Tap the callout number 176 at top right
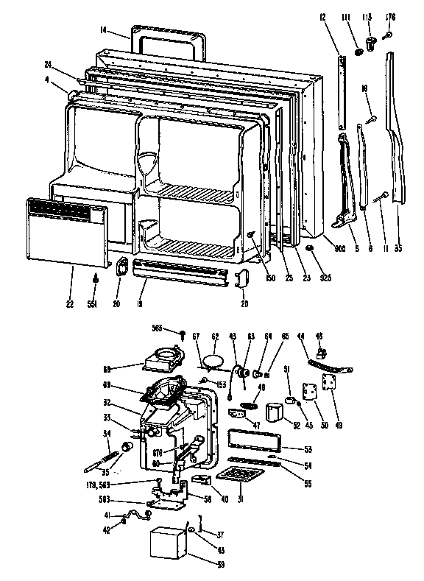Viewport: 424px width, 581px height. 390,16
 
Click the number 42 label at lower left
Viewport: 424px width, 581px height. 105,531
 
